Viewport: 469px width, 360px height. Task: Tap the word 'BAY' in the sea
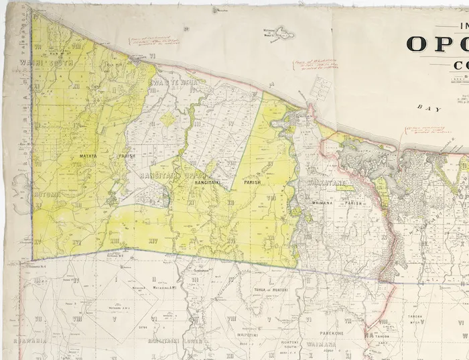(425, 107)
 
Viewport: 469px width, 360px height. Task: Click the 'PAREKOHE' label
(331, 333)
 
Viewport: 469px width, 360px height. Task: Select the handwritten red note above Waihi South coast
(155, 41)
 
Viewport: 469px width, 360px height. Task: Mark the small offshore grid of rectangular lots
(322, 88)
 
